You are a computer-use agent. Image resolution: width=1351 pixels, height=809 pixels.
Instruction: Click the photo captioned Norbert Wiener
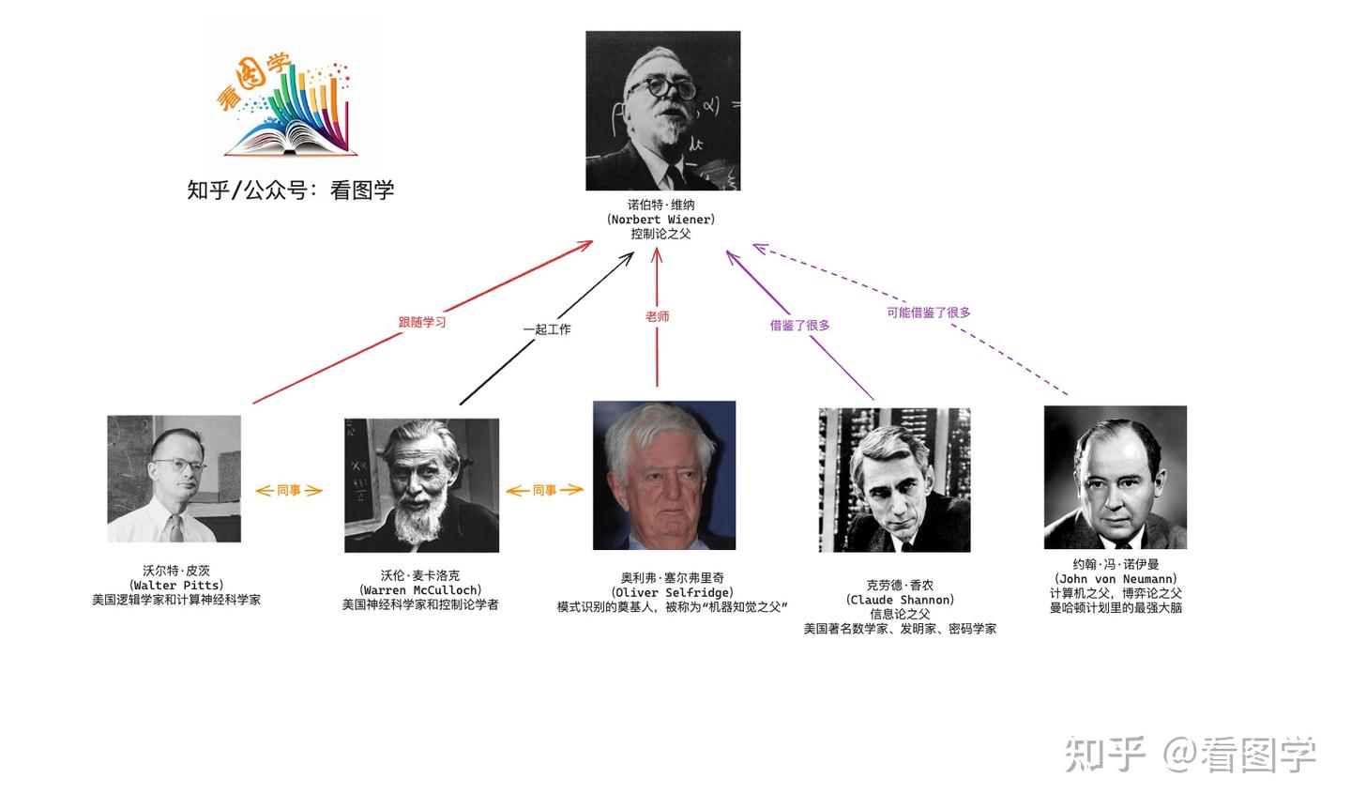[662, 111]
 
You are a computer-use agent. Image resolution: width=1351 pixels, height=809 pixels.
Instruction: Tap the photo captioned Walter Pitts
[174, 479]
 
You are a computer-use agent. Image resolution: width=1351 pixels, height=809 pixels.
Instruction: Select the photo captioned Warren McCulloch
[421, 485]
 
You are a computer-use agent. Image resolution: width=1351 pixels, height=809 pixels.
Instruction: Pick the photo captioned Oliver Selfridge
[663, 476]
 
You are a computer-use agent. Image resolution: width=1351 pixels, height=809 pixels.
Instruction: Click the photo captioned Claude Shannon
[894, 480]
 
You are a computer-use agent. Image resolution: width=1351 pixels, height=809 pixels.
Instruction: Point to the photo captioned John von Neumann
[1115, 478]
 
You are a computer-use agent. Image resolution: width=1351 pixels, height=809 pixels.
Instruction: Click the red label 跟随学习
[422, 322]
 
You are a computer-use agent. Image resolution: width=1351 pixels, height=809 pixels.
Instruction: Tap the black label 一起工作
[546, 329]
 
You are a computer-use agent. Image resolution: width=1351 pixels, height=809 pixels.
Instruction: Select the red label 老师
[657, 317]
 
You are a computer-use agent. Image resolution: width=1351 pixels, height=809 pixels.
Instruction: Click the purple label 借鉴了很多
[799, 325]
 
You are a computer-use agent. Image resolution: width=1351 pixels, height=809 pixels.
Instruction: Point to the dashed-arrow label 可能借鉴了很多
[928, 313]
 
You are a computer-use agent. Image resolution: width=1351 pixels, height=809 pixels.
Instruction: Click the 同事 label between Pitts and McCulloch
[289, 490]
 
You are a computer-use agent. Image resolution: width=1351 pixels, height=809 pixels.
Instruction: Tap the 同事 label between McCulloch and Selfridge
[544, 490]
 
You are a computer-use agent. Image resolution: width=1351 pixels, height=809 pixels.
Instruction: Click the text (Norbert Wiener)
[660, 220]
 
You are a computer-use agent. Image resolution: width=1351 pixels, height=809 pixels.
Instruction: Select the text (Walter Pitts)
[176, 585]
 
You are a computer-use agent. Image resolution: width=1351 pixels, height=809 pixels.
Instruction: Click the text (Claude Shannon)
[900, 600]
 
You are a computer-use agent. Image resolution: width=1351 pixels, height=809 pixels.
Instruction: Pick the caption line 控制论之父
[660, 234]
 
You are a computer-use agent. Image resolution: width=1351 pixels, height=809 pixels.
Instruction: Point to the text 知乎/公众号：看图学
[291, 190]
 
